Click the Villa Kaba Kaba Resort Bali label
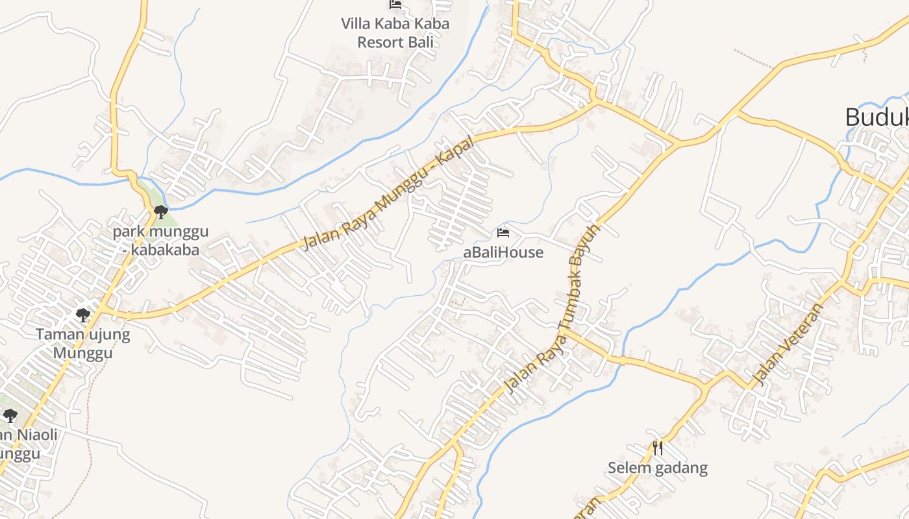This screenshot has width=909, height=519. pyautogui.click(x=395, y=33)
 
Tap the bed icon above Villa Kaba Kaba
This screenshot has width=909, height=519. pyautogui.click(x=395, y=5)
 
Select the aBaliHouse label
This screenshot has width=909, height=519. pyautogui.click(x=503, y=252)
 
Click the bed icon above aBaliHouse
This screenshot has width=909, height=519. pyautogui.click(x=503, y=232)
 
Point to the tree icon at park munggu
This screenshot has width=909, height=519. pyautogui.click(x=160, y=211)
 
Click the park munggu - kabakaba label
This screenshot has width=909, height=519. pyautogui.click(x=160, y=240)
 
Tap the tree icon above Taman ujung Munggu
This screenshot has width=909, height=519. pyautogui.click(x=82, y=315)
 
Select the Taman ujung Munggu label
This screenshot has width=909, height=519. pyautogui.click(x=82, y=344)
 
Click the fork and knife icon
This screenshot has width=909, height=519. pyautogui.click(x=658, y=448)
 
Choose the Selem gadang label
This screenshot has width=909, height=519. pyautogui.click(x=658, y=468)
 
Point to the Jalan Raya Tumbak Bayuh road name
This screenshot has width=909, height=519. pyautogui.click(x=552, y=308)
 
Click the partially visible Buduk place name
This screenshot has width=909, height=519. pyautogui.click(x=877, y=117)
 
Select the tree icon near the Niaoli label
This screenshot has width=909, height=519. pyautogui.click(x=10, y=415)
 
